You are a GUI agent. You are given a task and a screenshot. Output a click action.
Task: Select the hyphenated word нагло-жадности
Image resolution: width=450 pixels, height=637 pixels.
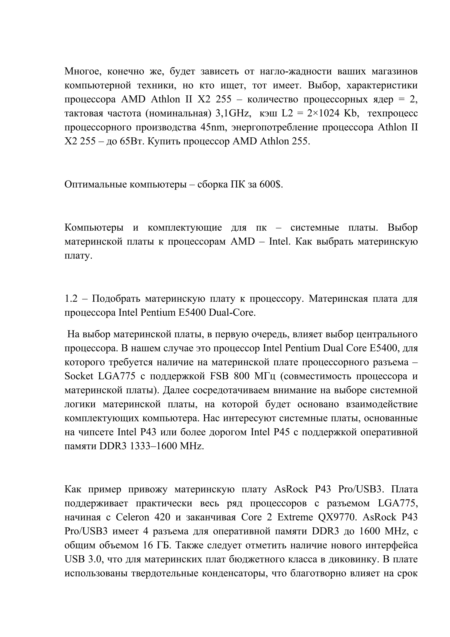[x=296, y=72]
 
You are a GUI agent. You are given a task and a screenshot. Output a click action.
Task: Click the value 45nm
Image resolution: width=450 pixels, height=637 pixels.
[x=213, y=128]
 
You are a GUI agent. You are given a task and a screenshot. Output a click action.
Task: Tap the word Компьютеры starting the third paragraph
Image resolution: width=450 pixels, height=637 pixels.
[x=94, y=228]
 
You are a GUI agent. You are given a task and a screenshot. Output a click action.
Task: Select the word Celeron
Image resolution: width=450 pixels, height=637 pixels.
[x=132, y=517]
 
